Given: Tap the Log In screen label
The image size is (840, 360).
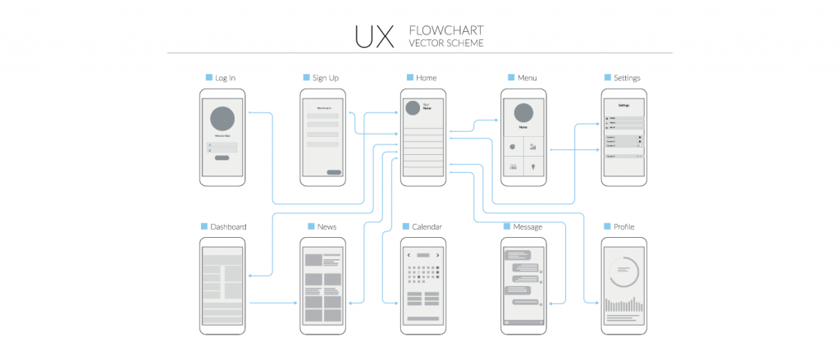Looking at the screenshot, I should tap(226, 78).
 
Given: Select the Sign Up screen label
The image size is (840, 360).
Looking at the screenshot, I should tap(326, 78).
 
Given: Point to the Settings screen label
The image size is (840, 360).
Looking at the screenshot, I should tap(627, 78).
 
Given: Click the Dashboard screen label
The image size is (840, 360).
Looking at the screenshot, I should tap(228, 227).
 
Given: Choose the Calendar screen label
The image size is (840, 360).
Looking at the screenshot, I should tap(427, 227).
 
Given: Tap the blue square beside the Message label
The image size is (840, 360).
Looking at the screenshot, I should tap(507, 226).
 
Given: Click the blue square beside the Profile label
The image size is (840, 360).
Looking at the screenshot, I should tap(607, 226).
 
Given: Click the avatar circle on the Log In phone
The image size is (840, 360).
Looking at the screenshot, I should tap(222, 119).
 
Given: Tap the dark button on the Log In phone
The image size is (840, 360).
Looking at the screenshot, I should tap(222, 157).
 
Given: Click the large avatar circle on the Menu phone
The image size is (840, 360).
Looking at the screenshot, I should tap(523, 113).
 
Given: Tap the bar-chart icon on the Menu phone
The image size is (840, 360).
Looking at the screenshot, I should tap(533, 147).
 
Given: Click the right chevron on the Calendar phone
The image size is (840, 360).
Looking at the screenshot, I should tap(437, 256).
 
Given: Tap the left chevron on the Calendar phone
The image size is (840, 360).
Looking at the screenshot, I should tap(409, 256).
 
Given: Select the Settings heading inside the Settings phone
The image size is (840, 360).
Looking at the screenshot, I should tap(623, 105).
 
